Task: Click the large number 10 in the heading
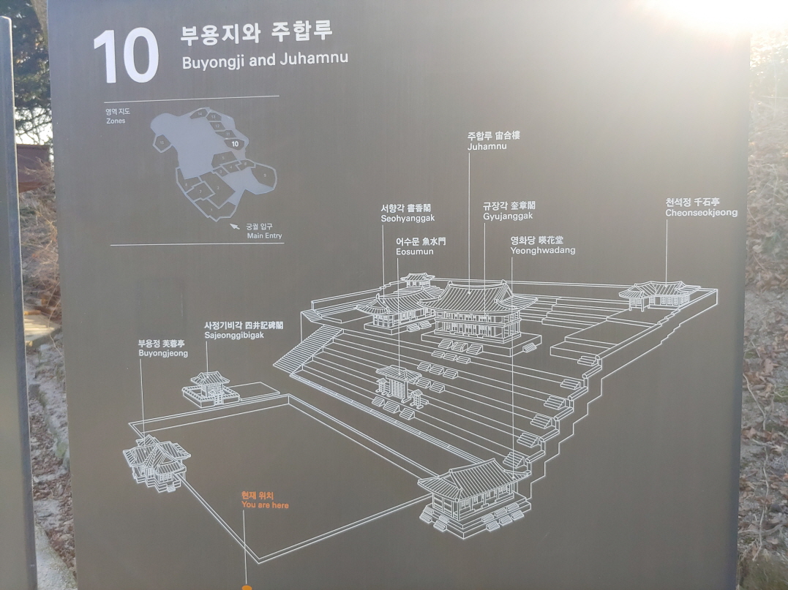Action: pyautogui.click(x=126, y=57)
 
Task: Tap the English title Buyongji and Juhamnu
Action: pyautogui.click(x=264, y=60)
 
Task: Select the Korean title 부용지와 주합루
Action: pyautogui.click(x=256, y=33)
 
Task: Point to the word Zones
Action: pyautogui.click(x=116, y=121)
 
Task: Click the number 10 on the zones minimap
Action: pyautogui.click(x=234, y=144)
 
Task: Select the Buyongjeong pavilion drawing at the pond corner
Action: pyautogui.click(x=156, y=461)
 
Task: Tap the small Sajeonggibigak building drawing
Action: pyautogui.click(x=211, y=387)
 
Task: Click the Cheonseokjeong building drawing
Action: pyautogui.click(x=658, y=294)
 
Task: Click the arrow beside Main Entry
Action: pyautogui.click(x=235, y=227)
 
